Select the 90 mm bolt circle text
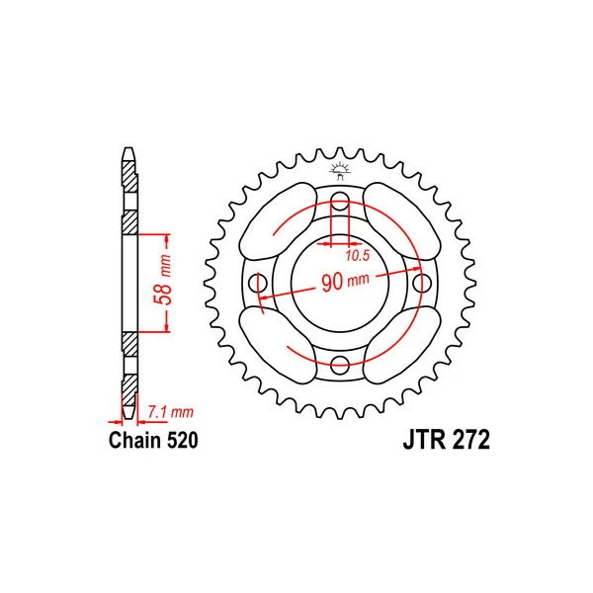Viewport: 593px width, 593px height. click(343, 282)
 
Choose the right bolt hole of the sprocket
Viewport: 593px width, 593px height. click(419, 285)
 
